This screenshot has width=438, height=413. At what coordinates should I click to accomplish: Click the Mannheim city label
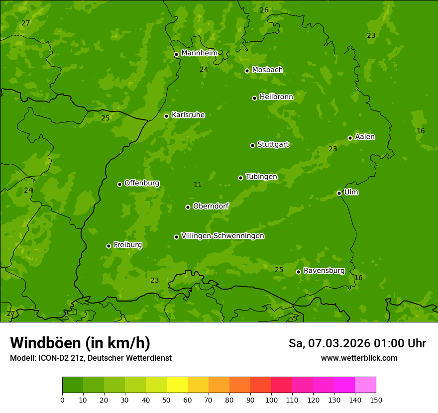tap(199, 53)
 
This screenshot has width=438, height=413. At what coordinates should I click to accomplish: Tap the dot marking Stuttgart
tap(252, 145)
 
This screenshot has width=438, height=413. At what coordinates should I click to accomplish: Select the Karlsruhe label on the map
tap(188, 115)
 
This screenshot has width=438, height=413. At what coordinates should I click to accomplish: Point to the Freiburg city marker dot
tap(109, 246)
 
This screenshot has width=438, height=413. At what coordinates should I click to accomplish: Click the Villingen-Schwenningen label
tap(222, 236)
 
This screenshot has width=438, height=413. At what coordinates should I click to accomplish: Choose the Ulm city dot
tap(339, 193)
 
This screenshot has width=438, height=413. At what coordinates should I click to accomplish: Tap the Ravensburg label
tap(324, 271)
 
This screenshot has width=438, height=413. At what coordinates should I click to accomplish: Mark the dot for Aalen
tap(350, 138)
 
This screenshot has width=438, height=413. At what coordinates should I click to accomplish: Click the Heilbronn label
tap(276, 97)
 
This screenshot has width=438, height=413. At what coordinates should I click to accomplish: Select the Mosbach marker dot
tap(247, 71)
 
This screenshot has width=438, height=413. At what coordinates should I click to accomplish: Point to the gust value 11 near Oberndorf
tap(198, 185)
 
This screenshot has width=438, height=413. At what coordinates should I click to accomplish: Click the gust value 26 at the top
tap(264, 10)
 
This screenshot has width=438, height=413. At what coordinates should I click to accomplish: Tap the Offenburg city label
tap(142, 183)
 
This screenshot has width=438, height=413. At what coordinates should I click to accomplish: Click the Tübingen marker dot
tap(240, 178)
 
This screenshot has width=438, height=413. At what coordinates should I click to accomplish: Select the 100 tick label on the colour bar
tap(271, 400)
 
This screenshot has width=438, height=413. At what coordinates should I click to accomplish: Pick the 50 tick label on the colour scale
tap(167, 400)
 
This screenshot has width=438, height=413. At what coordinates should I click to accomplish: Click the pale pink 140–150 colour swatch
tap(365, 385)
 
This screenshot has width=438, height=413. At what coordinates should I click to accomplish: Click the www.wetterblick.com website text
tap(359, 358)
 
